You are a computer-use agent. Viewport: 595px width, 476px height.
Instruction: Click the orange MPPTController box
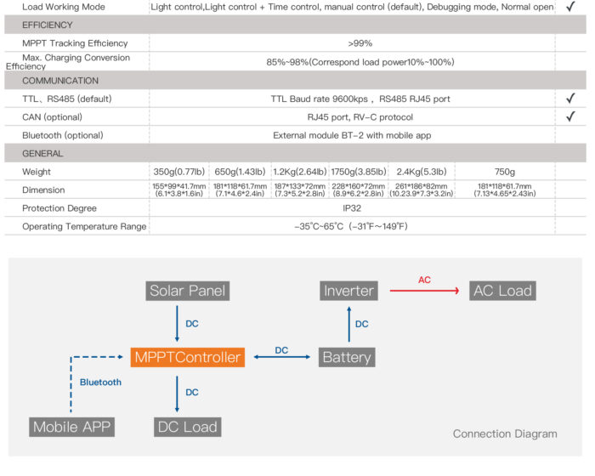pos(188,357)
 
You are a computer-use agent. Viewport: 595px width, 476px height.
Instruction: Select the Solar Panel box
pos(188,291)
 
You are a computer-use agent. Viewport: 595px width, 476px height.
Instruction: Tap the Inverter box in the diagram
pos(348,291)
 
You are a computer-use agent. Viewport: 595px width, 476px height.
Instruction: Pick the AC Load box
pos(502,291)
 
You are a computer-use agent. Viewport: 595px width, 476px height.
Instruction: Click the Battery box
pos(347,357)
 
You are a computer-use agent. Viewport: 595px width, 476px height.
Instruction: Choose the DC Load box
pos(188,427)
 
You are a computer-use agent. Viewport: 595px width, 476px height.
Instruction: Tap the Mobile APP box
pos(71,427)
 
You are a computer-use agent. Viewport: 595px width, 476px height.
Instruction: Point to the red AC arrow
pos(425,291)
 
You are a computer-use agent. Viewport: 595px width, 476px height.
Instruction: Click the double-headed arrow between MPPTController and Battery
pos(282,357)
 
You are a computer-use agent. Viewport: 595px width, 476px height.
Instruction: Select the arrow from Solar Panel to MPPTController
pos(177,324)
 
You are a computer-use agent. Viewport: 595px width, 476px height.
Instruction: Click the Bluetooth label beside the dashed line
pos(100,382)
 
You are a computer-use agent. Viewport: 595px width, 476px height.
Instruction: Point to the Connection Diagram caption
pos(505,433)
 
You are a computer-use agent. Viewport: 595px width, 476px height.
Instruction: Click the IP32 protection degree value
pos(352,208)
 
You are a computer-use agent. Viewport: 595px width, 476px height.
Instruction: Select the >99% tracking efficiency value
pos(360,43)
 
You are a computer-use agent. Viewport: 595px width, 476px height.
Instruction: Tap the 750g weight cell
pos(504,172)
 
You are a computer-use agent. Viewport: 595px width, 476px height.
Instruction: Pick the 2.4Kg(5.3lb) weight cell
pos(422,172)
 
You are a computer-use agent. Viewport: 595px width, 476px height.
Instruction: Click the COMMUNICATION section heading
pos(60,81)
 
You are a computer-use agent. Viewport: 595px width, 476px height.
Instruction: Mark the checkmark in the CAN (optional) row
pos(570,116)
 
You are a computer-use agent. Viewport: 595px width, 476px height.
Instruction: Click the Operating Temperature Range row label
pos(84,227)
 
